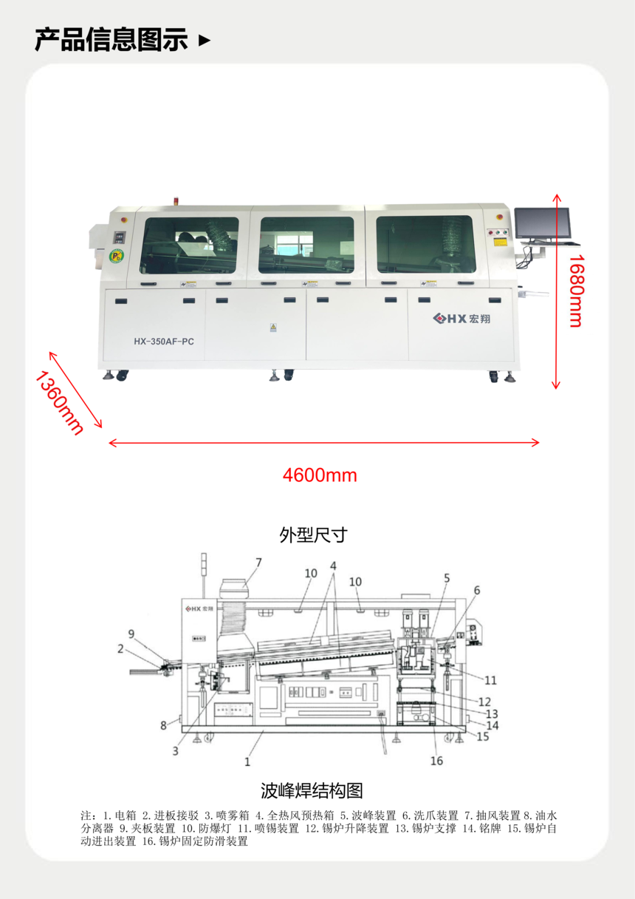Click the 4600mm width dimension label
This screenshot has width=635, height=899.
click(x=320, y=475)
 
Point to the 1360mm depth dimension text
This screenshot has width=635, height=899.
click(x=60, y=403)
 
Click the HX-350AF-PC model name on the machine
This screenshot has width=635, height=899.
click(x=164, y=342)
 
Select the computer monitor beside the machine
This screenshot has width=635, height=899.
click(x=543, y=224)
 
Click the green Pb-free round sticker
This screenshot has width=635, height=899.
click(x=117, y=256)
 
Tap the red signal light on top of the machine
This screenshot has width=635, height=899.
click(x=175, y=201)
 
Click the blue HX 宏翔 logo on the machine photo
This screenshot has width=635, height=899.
click(x=461, y=319)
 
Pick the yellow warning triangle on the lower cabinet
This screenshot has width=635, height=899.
click(x=273, y=328)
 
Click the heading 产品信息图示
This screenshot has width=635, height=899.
click(x=111, y=40)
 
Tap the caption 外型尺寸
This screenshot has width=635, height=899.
click(x=314, y=535)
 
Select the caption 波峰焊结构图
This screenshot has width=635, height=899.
click(x=312, y=790)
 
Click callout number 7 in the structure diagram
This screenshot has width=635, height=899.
click(x=258, y=563)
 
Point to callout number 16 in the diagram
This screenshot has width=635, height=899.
click(x=436, y=761)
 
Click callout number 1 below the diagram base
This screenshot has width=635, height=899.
click(x=247, y=761)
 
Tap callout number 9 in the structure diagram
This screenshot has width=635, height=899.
click(x=131, y=634)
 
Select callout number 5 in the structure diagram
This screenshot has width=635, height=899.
click(x=447, y=578)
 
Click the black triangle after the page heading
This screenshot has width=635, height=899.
click(x=205, y=40)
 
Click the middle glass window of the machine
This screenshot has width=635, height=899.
click(x=306, y=245)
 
